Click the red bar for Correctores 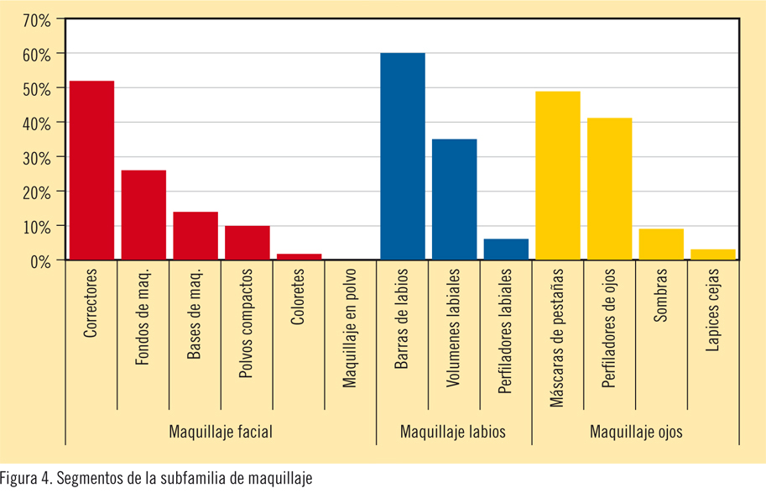[92, 171]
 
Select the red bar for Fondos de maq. [143, 215]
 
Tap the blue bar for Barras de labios [403, 157]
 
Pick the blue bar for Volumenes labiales [455, 200]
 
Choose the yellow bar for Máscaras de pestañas [558, 176]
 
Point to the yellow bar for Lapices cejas [713, 255]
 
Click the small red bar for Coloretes [299, 257]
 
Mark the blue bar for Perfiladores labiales [507, 249]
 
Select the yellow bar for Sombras [661, 244]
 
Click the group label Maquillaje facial [221, 432]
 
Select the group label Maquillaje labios [453, 432]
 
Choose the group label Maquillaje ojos [636, 432]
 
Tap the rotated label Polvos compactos [247, 323]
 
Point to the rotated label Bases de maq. [195, 314]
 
